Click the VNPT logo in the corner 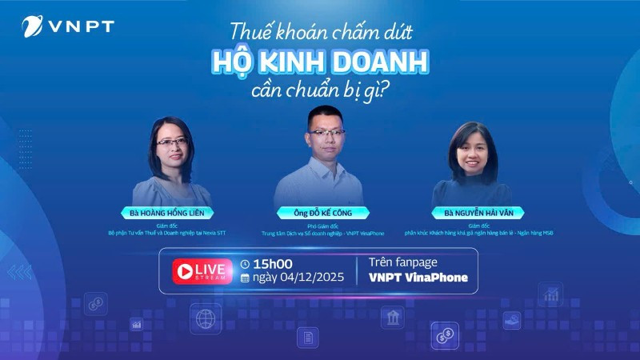click(67, 26)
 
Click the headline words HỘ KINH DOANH click(320, 62)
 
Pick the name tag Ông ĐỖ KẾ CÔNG click(323, 213)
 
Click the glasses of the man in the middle click(326, 132)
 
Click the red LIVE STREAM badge click(197, 271)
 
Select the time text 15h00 click(273, 264)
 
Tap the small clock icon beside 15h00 click(246, 264)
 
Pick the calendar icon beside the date click(246, 278)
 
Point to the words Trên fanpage click(403, 262)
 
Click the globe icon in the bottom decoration click(206, 318)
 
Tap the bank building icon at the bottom click(392, 318)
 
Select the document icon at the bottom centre click(307, 337)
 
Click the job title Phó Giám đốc click(324, 226)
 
